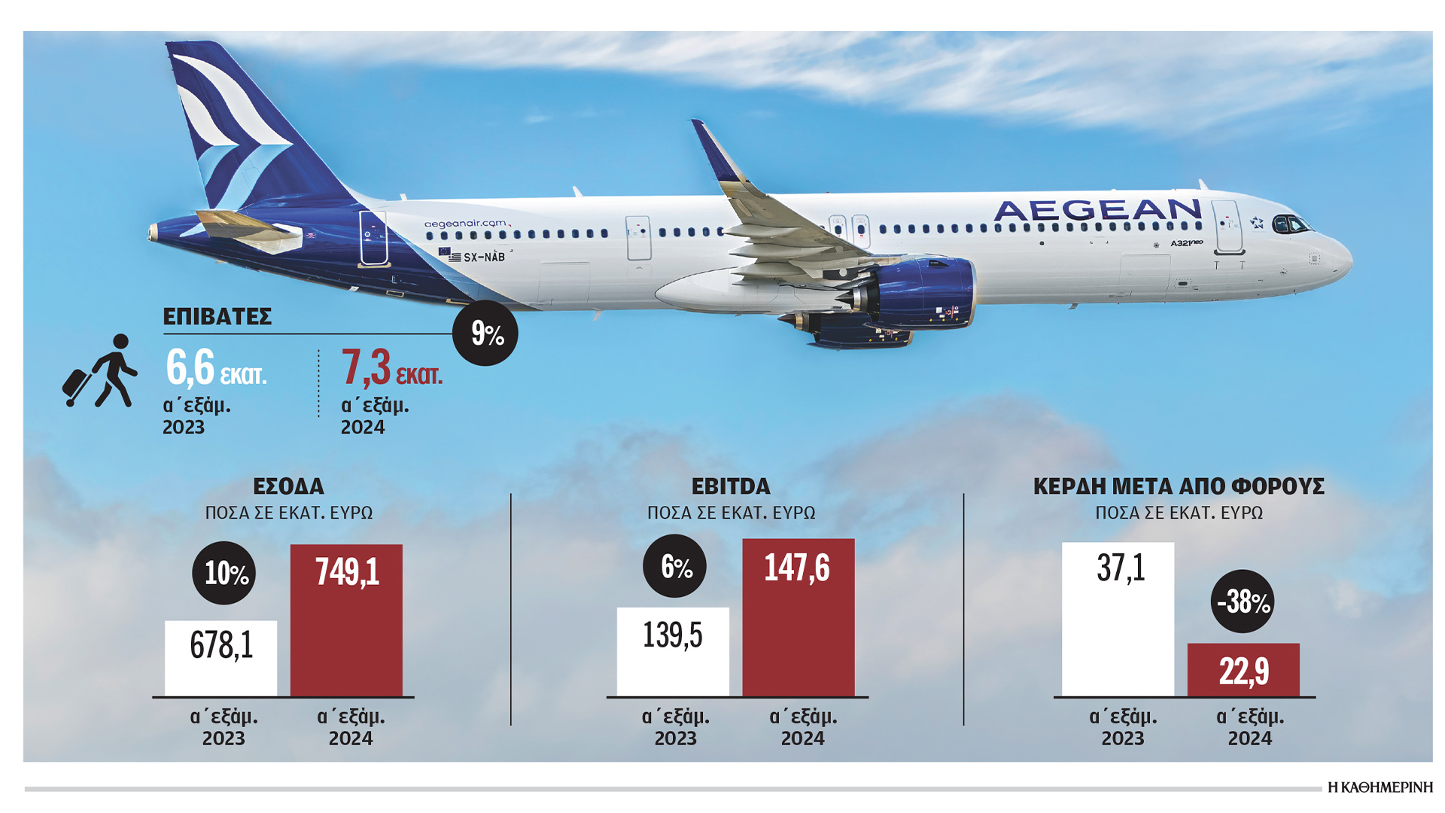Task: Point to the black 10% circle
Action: [x=224, y=573]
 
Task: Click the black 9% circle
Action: [x=485, y=333]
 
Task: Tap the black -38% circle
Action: [x=1243, y=601]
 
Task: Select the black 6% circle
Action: [x=674, y=566]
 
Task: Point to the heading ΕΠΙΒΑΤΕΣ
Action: [x=217, y=317]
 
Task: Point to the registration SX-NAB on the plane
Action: [x=483, y=257]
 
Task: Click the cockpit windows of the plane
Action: [x=1290, y=224]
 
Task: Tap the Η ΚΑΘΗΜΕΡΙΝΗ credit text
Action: [x=1380, y=787]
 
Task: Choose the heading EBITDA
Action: [x=731, y=486]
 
